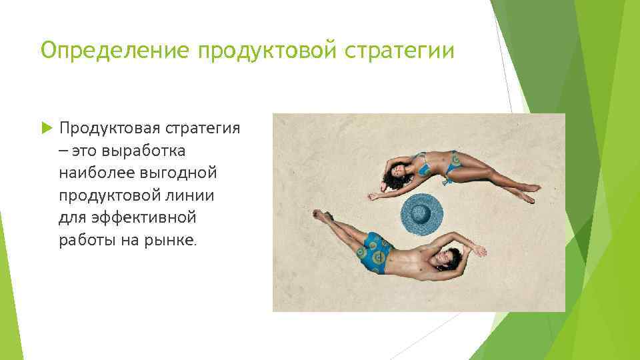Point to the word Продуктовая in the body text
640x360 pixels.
pyautogui.click(x=100, y=127)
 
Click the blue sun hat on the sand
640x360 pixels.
pyautogui.click(x=421, y=214)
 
